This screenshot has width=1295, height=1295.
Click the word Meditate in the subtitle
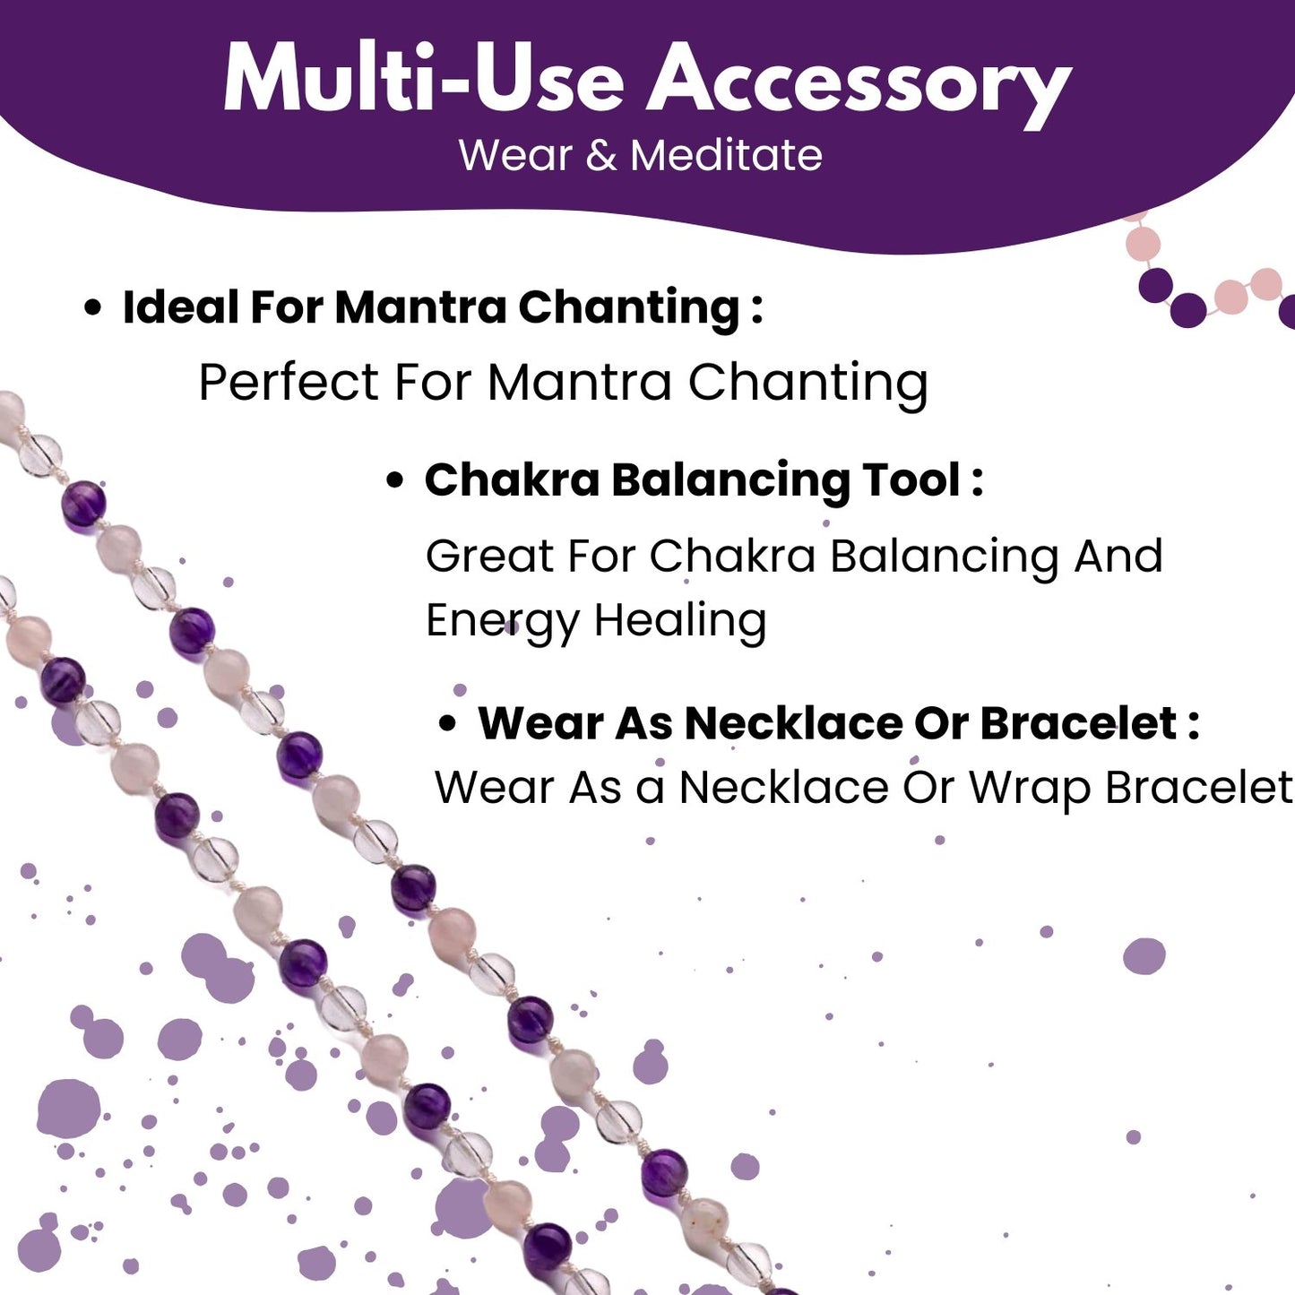727,156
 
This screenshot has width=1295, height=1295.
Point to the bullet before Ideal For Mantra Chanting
93,308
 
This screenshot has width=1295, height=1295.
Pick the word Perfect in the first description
289,382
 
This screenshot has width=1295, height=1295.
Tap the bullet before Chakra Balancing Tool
395,481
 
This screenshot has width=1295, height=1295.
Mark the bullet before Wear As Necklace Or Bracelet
447,724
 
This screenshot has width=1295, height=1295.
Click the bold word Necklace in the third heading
794,723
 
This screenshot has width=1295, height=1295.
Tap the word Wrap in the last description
1031,789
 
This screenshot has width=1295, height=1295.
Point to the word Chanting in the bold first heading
629,308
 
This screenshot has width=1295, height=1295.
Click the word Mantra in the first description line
579,382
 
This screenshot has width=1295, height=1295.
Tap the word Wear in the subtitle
514,156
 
